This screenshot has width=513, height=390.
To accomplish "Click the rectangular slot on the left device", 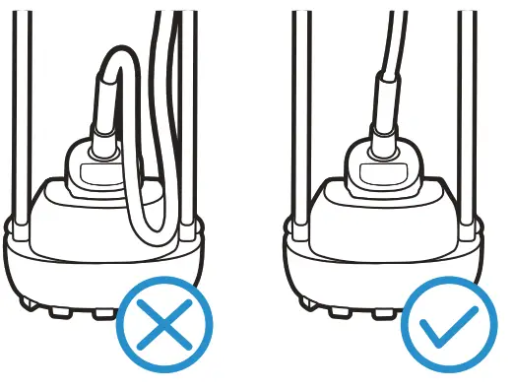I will tap(97, 175).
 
